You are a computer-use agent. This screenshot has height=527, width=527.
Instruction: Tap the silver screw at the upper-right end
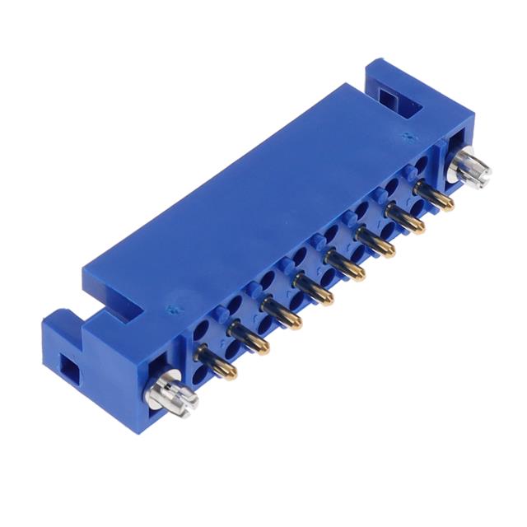[x=474, y=168]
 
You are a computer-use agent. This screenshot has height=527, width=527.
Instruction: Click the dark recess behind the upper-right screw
[x=454, y=153]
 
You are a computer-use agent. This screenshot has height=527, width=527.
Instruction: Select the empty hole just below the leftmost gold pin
[x=202, y=377]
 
